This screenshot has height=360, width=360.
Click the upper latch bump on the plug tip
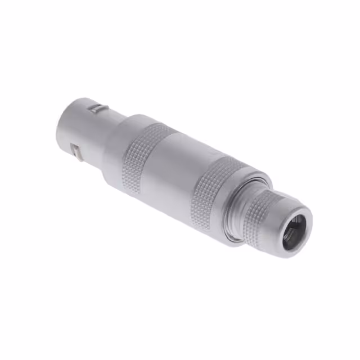[x=99, y=107]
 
